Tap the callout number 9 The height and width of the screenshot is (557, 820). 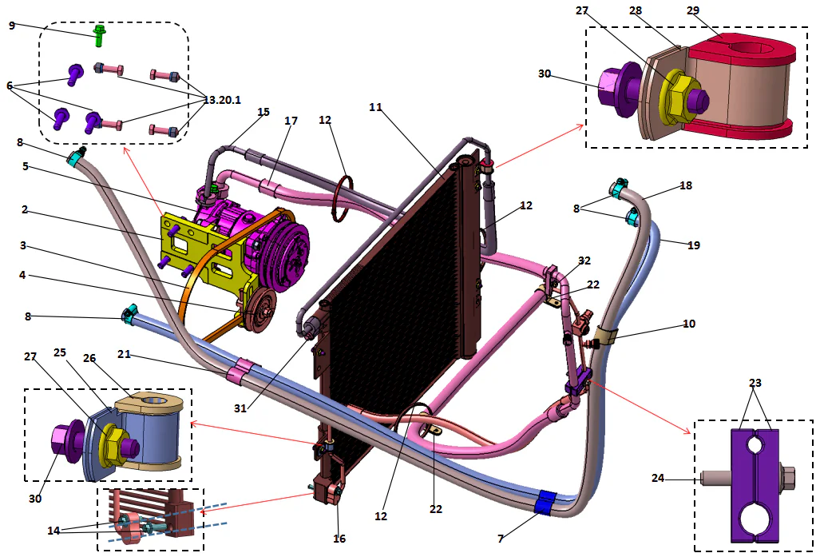tap(12, 26)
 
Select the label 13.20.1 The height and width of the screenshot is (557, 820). tap(222, 100)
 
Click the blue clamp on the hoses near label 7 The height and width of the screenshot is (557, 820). tap(545, 502)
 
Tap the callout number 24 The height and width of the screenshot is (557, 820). tap(657, 479)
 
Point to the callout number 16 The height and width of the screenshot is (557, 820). tap(339, 539)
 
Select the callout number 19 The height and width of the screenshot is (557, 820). tap(693, 245)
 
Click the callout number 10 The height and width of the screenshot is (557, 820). tap(688, 324)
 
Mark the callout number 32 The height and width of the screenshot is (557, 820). tap(584, 261)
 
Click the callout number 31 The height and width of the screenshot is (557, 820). tap(242, 408)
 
